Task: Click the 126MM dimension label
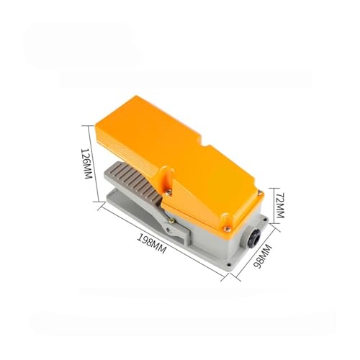click(86, 163)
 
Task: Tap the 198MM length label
click(151, 243)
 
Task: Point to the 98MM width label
click(263, 256)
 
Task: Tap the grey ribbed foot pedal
click(135, 181)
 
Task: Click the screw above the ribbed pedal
click(169, 192)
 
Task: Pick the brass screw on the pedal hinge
click(171, 222)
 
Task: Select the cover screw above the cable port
click(227, 229)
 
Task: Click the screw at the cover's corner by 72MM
click(260, 192)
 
